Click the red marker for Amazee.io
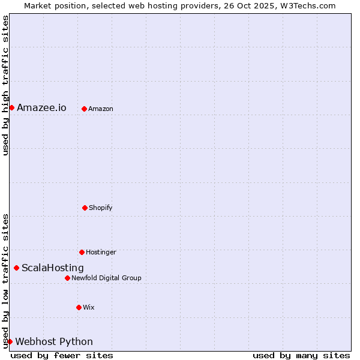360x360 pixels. point(11,107)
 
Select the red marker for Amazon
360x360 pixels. point(84,109)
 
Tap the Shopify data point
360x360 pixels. point(85,208)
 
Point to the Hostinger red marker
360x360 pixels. point(82,252)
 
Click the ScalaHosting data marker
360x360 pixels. point(16,268)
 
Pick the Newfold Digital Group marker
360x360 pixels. point(67,278)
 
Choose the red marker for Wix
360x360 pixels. point(79,307)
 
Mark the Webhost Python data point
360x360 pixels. point(10,341)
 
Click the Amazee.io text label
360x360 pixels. point(41,108)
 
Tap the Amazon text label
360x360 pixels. point(100,109)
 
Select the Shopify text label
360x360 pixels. point(100,208)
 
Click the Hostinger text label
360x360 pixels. point(101,253)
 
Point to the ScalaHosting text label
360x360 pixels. point(53,268)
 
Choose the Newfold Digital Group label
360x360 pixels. point(106,278)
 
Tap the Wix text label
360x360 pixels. point(89,308)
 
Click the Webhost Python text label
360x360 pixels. point(54,342)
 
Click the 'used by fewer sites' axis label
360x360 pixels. point(62,355)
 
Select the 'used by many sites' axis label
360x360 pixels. point(301,355)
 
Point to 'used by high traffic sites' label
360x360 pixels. point(6,85)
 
